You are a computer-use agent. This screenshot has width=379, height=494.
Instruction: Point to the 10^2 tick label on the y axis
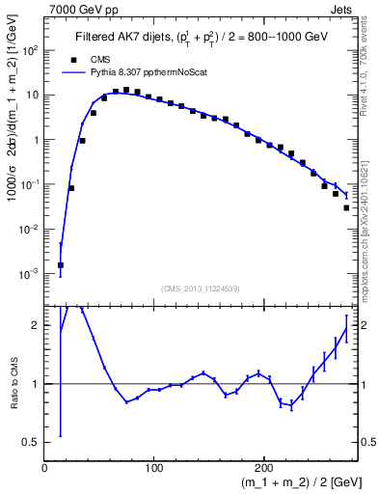pyautogui.click(x=29, y=51)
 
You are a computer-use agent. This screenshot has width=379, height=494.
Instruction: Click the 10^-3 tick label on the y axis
pyautogui.click(x=29, y=274)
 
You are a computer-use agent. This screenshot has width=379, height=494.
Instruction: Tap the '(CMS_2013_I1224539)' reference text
pyautogui.click(x=200, y=287)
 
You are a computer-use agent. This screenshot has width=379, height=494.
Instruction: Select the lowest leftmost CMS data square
pyautogui.click(x=61, y=264)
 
